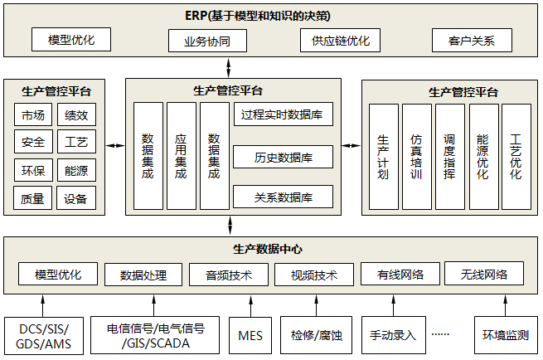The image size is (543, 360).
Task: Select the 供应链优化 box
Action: click(340, 41)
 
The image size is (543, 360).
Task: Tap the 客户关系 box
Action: click(472, 41)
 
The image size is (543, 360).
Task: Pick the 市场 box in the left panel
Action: click(34, 115)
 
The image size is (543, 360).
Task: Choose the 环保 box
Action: click(34, 171)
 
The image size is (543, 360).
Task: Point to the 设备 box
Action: click(76, 198)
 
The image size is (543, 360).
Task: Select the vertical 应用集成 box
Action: click(181, 156)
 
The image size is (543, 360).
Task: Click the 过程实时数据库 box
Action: click(282, 114)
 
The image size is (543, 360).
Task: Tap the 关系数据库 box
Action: click(282, 197)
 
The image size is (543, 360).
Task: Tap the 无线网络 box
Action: click(483, 274)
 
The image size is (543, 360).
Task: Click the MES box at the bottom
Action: click(250, 335)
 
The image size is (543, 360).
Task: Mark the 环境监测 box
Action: click(505, 335)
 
